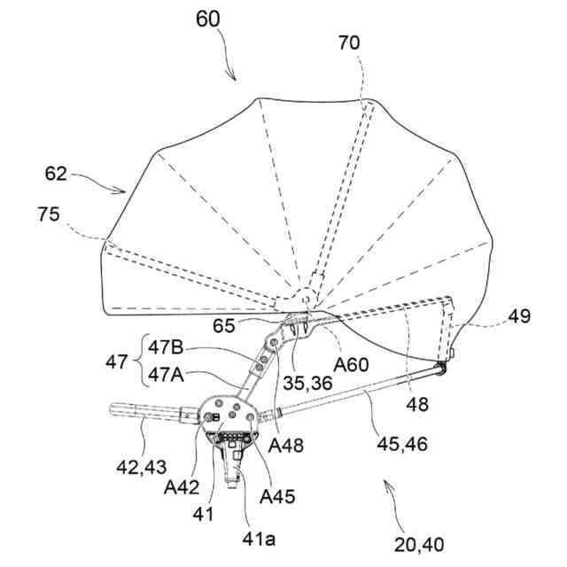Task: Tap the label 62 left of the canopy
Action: tap(57, 175)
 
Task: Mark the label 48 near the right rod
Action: tap(417, 404)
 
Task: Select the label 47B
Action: tap(167, 346)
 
